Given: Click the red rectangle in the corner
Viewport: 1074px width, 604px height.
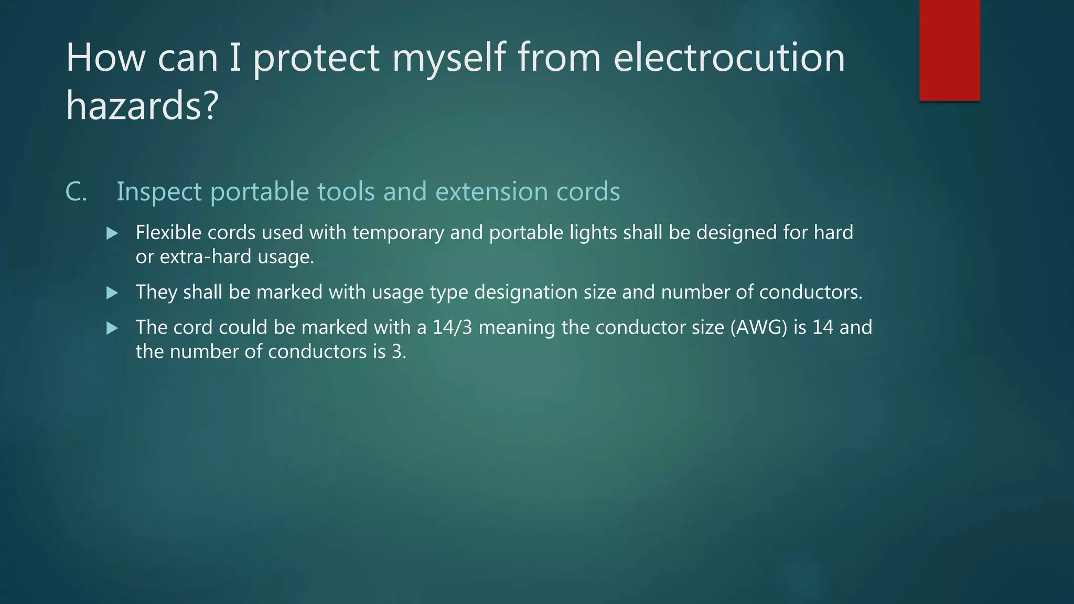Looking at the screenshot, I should click(x=949, y=50).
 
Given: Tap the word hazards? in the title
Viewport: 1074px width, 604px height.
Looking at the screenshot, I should click(x=142, y=105).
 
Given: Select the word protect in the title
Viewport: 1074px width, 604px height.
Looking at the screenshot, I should click(x=316, y=58).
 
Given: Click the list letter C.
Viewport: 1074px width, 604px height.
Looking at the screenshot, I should click(x=76, y=191).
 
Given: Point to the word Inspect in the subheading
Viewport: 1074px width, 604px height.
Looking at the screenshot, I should click(x=159, y=192).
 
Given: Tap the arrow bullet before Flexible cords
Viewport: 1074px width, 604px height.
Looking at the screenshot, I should click(x=112, y=233).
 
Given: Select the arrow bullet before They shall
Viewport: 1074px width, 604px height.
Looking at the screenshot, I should click(x=112, y=293).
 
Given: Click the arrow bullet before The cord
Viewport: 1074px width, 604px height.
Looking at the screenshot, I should click(x=112, y=328).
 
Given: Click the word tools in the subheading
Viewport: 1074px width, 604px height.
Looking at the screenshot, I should click(x=346, y=191).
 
